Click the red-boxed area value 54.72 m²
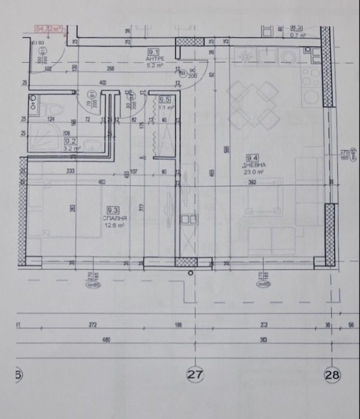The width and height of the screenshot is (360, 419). click(x=49, y=29)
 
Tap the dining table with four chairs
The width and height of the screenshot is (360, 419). click(x=252, y=104)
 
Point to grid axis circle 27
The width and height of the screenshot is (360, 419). click(x=195, y=374)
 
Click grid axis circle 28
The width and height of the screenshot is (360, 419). click(x=333, y=374)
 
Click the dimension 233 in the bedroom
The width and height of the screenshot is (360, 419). click(x=71, y=171)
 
